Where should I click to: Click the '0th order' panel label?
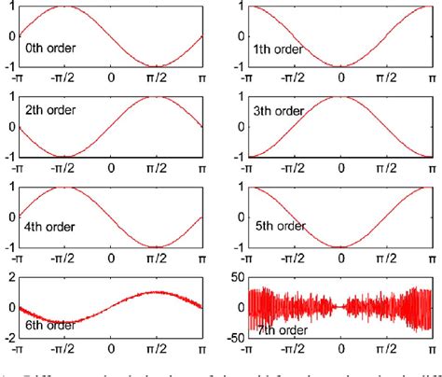click(50, 46)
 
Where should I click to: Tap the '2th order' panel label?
click(50, 110)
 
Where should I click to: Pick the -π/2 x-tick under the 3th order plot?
click(295, 169)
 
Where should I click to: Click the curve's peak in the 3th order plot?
click(342, 97)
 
